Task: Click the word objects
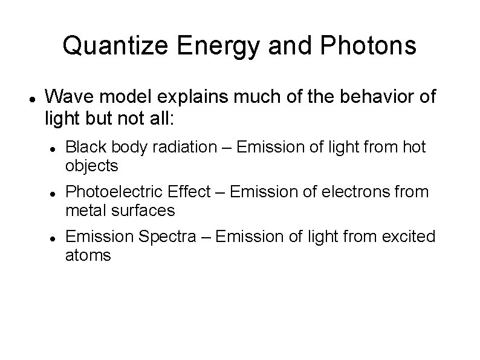tap(91, 166)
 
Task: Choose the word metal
tap(83, 211)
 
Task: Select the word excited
tap(409, 237)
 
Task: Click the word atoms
tap(88, 255)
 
